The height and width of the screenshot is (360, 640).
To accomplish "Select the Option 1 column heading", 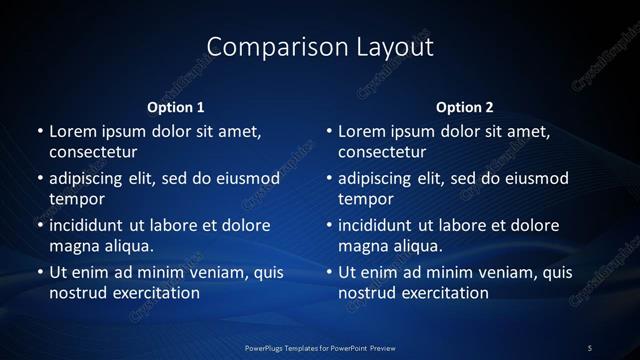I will pyautogui.click(x=176, y=107).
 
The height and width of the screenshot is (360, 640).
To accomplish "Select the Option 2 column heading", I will pyautogui.click(x=465, y=107).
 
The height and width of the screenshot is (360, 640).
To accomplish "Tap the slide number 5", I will pyautogui.click(x=590, y=347).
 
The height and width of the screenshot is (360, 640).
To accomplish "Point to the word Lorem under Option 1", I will pyautogui.click(x=71, y=131).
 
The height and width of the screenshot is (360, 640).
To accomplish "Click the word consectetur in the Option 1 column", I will pyautogui.click(x=93, y=152).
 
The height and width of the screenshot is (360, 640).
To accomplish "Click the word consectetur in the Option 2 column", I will pyautogui.click(x=382, y=152).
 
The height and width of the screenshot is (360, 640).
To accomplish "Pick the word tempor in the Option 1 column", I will pyautogui.click(x=77, y=199).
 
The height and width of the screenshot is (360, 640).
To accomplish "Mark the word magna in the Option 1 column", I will pyautogui.click(x=72, y=246).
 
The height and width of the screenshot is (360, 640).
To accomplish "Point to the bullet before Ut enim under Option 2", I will pyautogui.click(x=329, y=272).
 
